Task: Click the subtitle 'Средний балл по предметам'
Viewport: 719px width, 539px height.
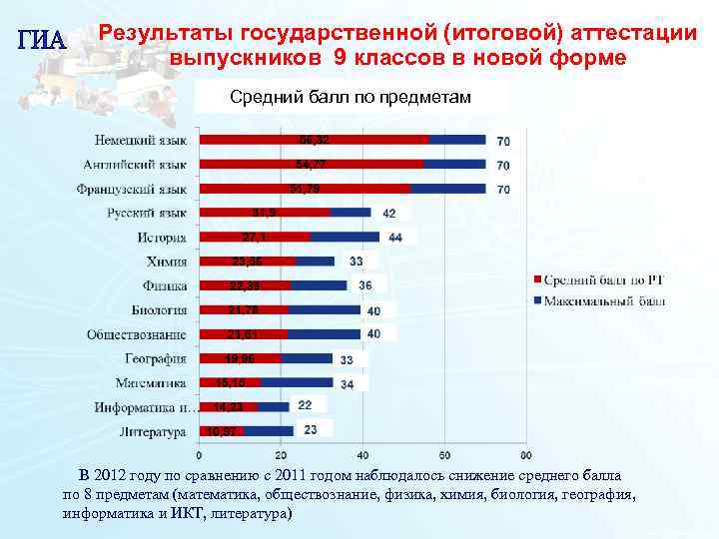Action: coord(351,97)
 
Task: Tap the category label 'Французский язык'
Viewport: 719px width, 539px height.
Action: coord(132,188)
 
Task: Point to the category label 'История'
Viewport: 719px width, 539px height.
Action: coord(162,237)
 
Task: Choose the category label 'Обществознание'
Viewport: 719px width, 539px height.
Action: coord(137,333)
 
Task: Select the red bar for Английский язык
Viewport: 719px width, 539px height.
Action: coord(311,164)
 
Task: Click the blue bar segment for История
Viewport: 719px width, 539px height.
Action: coord(345,237)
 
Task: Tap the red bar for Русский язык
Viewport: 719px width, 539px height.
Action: coord(265,213)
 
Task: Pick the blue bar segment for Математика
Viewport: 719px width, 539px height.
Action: coord(296,382)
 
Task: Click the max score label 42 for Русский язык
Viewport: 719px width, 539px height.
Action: coord(388,213)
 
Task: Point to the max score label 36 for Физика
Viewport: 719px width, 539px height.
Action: coord(365,285)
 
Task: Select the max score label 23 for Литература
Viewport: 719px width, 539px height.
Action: coord(311,430)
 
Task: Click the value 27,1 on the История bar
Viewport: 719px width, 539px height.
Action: coord(254,237)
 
